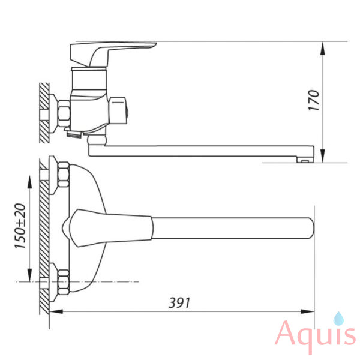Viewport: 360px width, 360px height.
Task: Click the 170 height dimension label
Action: pyautogui.click(x=314, y=100)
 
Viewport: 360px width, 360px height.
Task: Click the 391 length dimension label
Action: pyautogui.click(x=179, y=302)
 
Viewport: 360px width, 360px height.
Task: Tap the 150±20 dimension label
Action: pyautogui.click(x=20, y=226)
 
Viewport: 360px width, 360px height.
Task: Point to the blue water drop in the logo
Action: pyautogui.click(x=338, y=319)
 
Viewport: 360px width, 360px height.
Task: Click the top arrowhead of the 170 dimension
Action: pyautogui.click(x=323, y=49)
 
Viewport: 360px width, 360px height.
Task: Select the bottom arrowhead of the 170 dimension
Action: pyautogui.click(x=323, y=156)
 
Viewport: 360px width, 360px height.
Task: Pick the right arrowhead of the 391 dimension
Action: pyautogui.click(x=307, y=312)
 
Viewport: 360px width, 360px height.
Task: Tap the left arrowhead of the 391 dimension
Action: pyautogui.click(x=56, y=312)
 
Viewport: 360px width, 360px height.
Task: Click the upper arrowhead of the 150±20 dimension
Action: pyautogui.click(x=29, y=182)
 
